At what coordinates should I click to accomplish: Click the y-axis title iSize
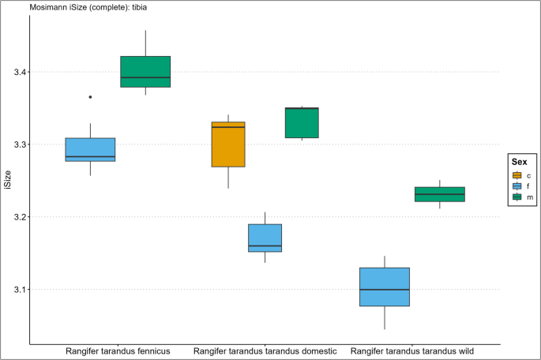point(8,181)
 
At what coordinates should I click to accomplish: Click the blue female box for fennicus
point(90,150)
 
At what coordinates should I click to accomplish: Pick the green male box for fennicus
point(145,72)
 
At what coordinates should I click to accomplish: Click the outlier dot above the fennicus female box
point(90,97)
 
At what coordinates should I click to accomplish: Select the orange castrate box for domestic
point(228,144)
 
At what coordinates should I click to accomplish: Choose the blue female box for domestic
point(265,238)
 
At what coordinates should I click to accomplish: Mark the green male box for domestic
point(302,122)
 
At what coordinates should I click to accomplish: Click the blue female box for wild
point(385,287)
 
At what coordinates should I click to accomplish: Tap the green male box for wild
point(440,194)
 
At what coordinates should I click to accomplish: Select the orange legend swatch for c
point(517,175)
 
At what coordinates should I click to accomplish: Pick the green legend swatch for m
point(517,197)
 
